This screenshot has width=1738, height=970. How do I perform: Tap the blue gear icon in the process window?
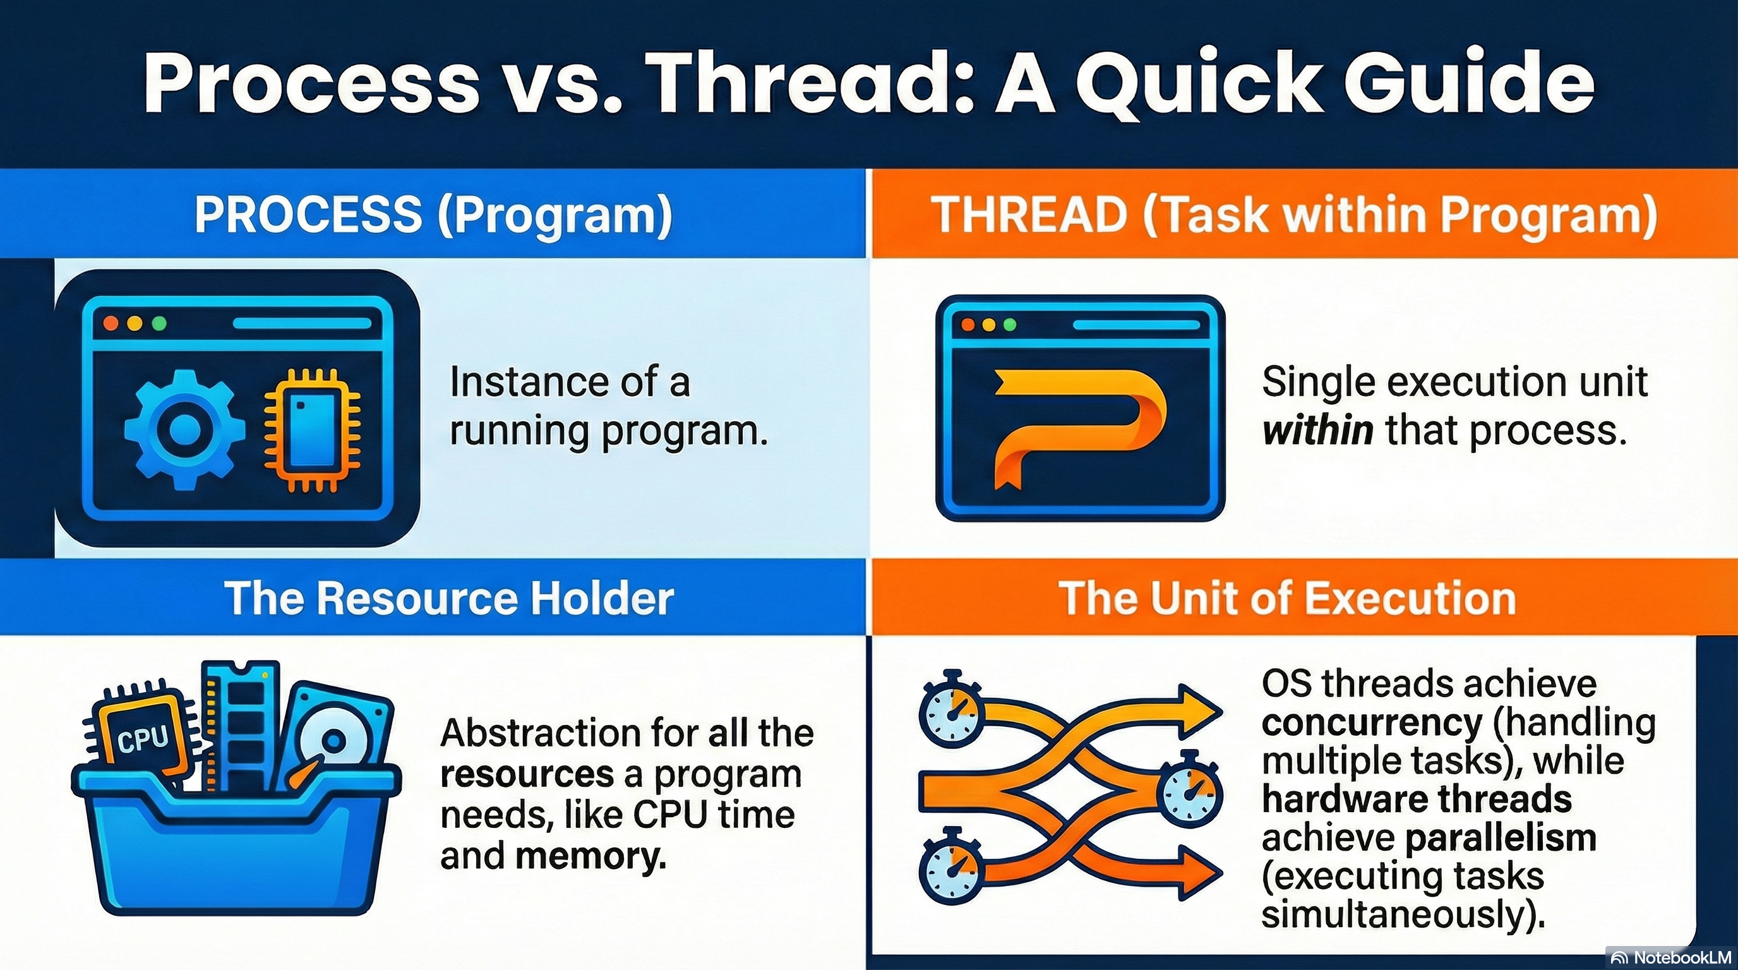(x=181, y=429)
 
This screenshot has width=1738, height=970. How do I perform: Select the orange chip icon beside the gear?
(x=311, y=430)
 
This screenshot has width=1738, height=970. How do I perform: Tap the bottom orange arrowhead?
(x=1201, y=873)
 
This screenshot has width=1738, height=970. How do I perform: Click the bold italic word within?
(x=1317, y=429)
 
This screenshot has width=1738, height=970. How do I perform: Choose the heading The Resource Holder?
(x=450, y=597)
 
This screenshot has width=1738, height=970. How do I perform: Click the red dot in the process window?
(x=111, y=323)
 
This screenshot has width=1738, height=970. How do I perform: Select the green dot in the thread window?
(x=1010, y=325)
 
